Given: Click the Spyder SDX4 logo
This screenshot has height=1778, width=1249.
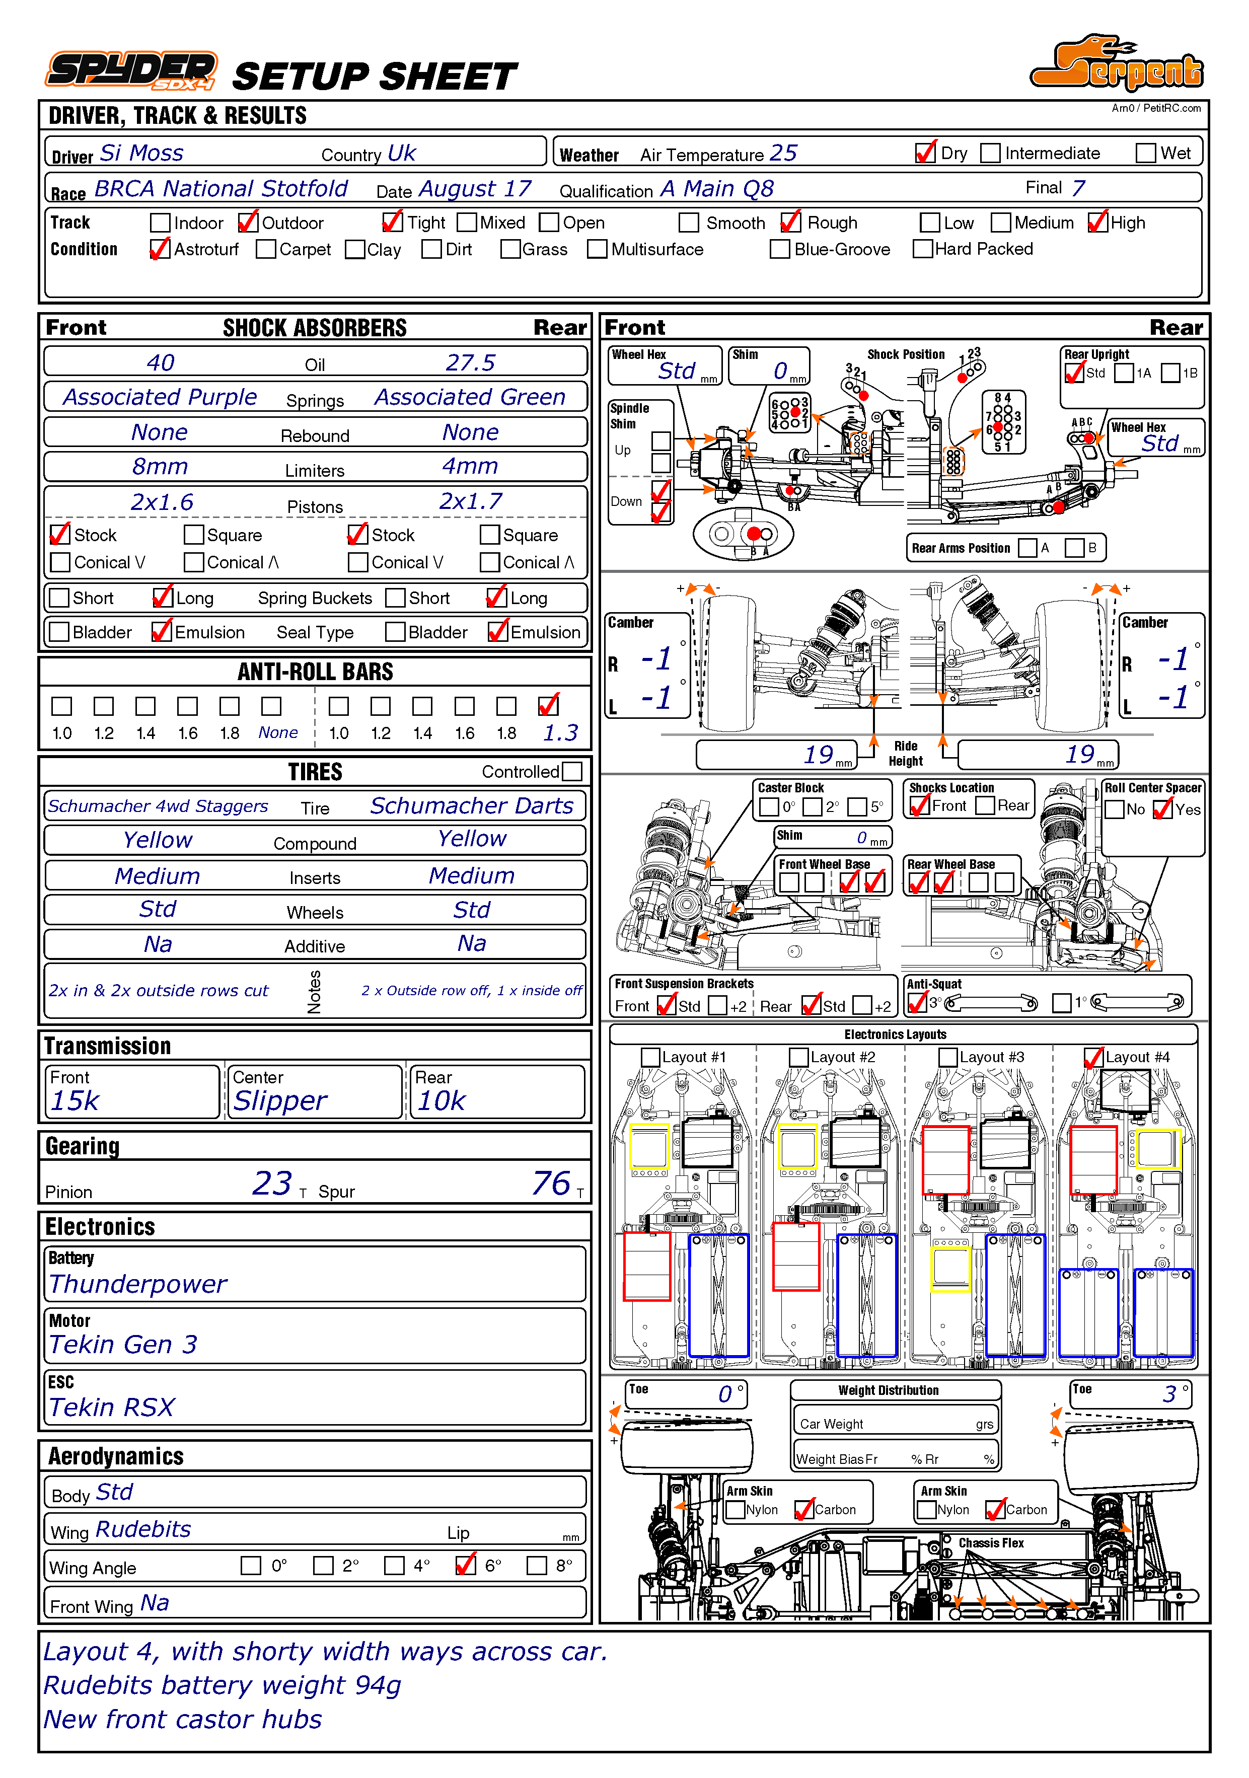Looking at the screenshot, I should [131, 71].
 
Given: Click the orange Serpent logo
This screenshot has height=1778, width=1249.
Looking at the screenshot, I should [1117, 65].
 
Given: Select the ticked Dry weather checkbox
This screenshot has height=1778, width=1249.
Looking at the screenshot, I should [925, 154].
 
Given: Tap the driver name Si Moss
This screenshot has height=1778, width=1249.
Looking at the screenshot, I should [141, 154].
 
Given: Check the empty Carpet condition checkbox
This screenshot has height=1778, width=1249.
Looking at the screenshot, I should [266, 249].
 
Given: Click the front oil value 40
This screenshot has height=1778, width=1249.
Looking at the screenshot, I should [161, 362].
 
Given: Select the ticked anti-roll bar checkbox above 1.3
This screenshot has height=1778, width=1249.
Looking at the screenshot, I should [548, 705].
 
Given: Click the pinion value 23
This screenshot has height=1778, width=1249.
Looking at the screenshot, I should [272, 1183].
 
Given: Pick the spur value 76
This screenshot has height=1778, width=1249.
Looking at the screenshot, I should [551, 1183].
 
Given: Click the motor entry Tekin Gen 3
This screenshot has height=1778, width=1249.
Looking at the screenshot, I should [123, 1345].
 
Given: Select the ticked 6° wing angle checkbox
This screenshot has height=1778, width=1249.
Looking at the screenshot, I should [465, 1565].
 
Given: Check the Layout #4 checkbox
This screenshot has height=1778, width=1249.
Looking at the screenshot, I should [1092, 1057].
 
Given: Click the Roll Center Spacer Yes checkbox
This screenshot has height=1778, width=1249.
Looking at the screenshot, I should [1163, 809].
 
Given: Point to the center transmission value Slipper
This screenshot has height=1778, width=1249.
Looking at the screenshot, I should [280, 1100].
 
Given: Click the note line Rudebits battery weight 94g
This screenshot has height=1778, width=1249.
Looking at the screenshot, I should [222, 1685].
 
